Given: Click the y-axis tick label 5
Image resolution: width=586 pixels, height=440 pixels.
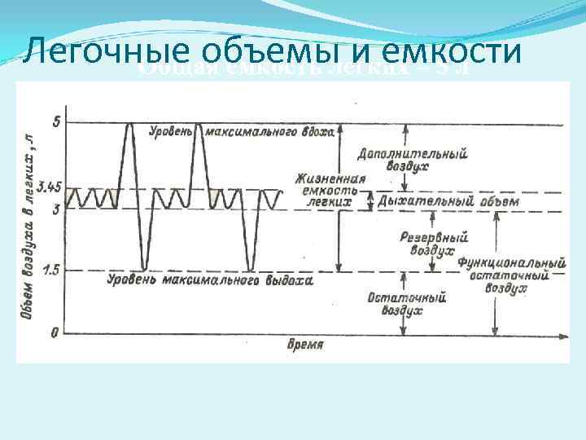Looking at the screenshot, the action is click(55, 122).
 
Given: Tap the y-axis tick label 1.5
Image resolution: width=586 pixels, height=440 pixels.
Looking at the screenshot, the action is click(50, 270).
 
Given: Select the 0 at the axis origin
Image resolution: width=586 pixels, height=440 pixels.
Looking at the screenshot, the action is click(55, 332).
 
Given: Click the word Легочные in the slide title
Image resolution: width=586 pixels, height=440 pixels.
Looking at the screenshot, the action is click(108, 53).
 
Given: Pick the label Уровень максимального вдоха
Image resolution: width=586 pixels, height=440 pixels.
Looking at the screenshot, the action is click(241, 132).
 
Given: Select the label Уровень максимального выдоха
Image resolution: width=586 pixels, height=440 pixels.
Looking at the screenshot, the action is click(209, 281).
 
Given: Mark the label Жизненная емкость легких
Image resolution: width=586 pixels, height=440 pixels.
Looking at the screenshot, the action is click(330, 189).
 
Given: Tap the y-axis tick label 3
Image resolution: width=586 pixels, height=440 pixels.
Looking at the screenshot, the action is click(55, 209).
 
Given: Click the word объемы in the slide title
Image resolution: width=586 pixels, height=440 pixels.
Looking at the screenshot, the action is click(267, 53).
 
